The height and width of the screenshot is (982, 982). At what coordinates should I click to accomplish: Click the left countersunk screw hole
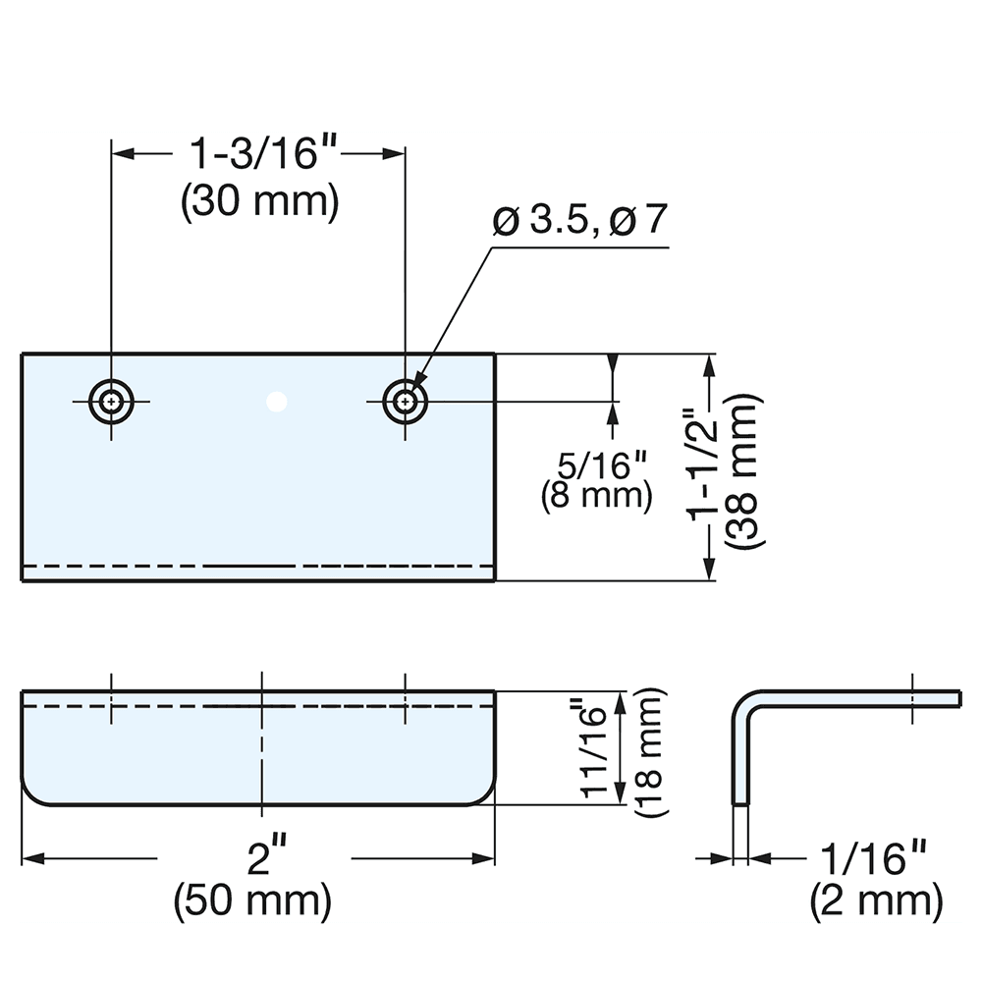pyautogui.click(x=112, y=401)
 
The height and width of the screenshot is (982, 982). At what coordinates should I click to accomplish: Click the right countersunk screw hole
pyautogui.click(x=405, y=401)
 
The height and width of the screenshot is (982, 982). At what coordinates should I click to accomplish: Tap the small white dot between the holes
pyautogui.click(x=277, y=401)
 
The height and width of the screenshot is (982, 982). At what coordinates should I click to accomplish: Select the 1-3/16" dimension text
pyautogui.click(x=258, y=154)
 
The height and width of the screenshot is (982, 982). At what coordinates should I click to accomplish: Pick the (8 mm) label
pyautogui.click(x=596, y=495)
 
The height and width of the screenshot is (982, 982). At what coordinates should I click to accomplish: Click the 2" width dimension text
pyautogui.click(x=258, y=859)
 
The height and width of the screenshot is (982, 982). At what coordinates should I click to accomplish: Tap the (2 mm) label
pyautogui.click(x=876, y=900)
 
